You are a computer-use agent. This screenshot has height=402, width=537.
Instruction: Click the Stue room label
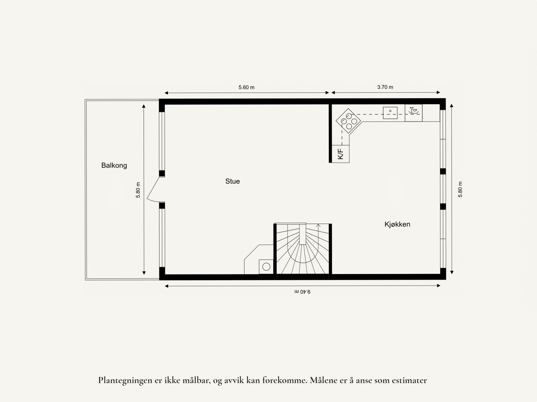(232, 181)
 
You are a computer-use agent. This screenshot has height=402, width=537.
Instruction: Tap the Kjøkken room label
(397, 224)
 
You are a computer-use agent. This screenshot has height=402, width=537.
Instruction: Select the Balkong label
(114, 165)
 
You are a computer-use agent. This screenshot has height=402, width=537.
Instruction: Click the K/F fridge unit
(341, 154)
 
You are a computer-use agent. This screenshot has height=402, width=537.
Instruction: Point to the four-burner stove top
(347, 120)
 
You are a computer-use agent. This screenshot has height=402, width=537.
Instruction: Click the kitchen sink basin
(390, 113)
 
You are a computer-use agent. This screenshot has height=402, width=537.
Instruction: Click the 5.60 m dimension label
(246, 87)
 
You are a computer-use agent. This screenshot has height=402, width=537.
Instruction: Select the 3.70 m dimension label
(385, 87)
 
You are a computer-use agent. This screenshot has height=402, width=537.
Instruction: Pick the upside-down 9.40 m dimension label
(302, 291)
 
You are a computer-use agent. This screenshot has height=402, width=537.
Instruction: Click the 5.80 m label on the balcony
(138, 190)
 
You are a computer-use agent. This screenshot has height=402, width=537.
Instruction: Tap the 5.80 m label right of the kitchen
(460, 190)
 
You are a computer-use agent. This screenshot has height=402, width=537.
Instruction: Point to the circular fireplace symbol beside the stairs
(266, 267)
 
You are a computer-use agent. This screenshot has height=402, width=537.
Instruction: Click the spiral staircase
(303, 250)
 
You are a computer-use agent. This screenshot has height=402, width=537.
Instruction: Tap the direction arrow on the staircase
(318, 225)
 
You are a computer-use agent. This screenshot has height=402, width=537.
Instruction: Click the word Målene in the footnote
(322, 381)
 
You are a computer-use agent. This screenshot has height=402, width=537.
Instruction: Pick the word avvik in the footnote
(234, 381)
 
